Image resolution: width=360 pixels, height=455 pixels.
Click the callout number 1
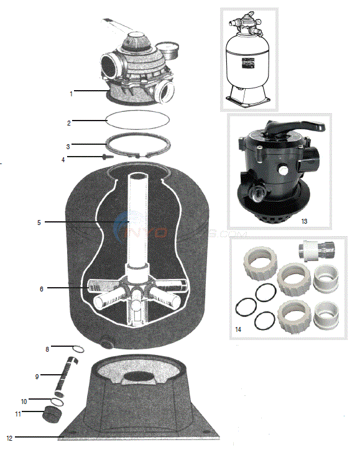pyautogui.click(x=72, y=94)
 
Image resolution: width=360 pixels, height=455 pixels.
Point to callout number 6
pyautogui.click(x=42, y=288)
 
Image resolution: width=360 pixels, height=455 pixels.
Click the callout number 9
pyautogui.click(x=37, y=376)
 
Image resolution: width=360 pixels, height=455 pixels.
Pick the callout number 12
pyautogui.click(x=9, y=438)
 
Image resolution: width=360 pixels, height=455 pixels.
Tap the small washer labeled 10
pyautogui.click(x=57, y=402)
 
